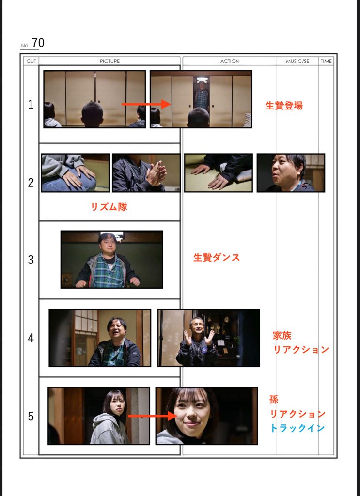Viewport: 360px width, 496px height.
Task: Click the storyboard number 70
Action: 38,43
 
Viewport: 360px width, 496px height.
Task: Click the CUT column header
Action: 31,61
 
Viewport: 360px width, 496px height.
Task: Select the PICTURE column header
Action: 110,61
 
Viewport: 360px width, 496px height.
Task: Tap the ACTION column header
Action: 230,61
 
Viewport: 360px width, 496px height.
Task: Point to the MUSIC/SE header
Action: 297,61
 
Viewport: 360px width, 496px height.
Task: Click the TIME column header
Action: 326,61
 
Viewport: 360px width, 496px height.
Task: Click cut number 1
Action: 31,105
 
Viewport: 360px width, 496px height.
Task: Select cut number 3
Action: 31,260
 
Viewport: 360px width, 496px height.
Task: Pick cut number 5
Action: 31,416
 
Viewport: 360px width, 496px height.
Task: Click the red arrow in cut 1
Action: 146,104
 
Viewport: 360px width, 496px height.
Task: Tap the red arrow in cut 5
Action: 153,416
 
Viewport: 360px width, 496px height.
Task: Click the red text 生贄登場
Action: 284,105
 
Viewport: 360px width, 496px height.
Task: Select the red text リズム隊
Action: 109,207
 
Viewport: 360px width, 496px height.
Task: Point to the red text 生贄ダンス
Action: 217,258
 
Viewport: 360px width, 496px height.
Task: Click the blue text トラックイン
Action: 297,428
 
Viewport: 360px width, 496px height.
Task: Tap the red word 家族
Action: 282,335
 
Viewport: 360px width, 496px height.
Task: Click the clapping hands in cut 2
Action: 156,173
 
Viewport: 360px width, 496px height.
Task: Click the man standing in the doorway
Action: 201,96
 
